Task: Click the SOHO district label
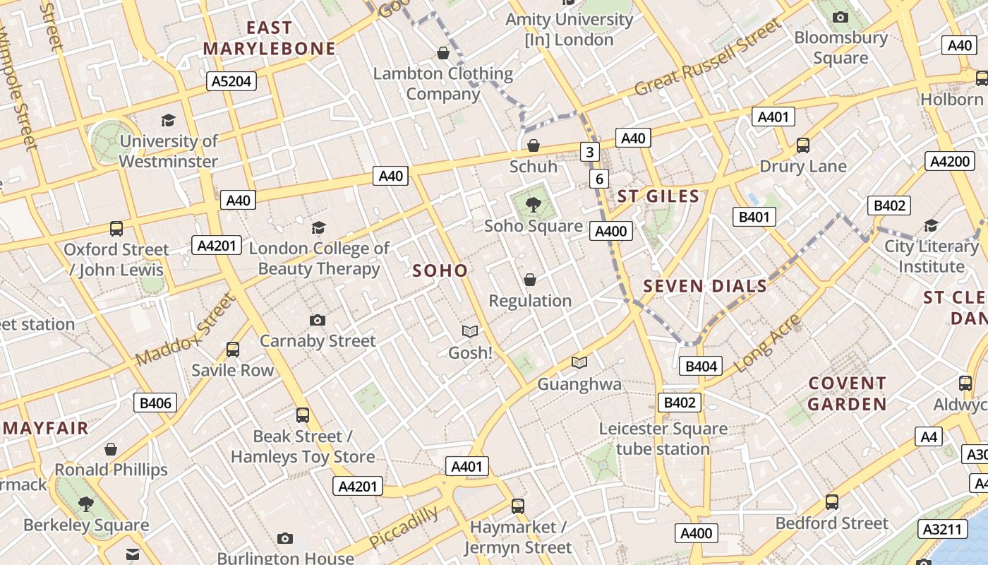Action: point(440,270)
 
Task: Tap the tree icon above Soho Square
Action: point(534,205)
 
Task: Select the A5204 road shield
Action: point(232,82)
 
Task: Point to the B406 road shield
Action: point(155,403)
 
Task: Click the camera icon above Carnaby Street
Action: point(318,320)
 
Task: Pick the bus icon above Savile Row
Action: point(232,349)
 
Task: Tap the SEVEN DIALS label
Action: point(705,286)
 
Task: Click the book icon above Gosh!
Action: point(469,331)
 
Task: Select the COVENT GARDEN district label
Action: point(847,394)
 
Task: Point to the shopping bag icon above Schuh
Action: point(534,145)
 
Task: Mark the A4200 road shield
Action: point(950,161)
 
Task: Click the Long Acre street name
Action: point(767,344)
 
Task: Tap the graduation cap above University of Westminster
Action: point(168,120)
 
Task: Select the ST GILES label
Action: point(658,196)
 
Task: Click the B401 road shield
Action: point(754,217)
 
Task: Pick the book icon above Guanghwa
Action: point(579,363)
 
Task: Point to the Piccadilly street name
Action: point(403,528)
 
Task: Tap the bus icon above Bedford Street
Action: point(832,502)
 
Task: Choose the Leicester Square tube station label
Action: point(663,439)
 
